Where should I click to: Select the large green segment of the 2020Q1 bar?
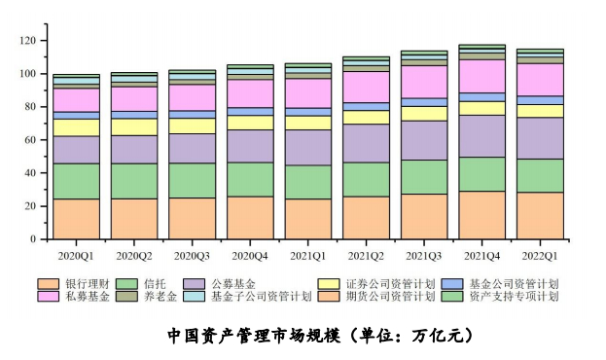[76, 181]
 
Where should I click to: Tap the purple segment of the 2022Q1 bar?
[540, 138]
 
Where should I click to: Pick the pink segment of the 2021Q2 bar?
[366, 87]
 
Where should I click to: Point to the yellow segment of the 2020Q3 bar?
[193, 126]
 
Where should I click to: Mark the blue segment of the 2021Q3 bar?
[424, 102]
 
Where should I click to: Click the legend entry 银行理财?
[83, 283]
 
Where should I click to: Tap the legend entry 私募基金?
[83, 296]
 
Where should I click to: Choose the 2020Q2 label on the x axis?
[134, 256]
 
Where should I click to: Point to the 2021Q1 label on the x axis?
[308, 256]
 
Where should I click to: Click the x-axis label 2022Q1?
[540, 256]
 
